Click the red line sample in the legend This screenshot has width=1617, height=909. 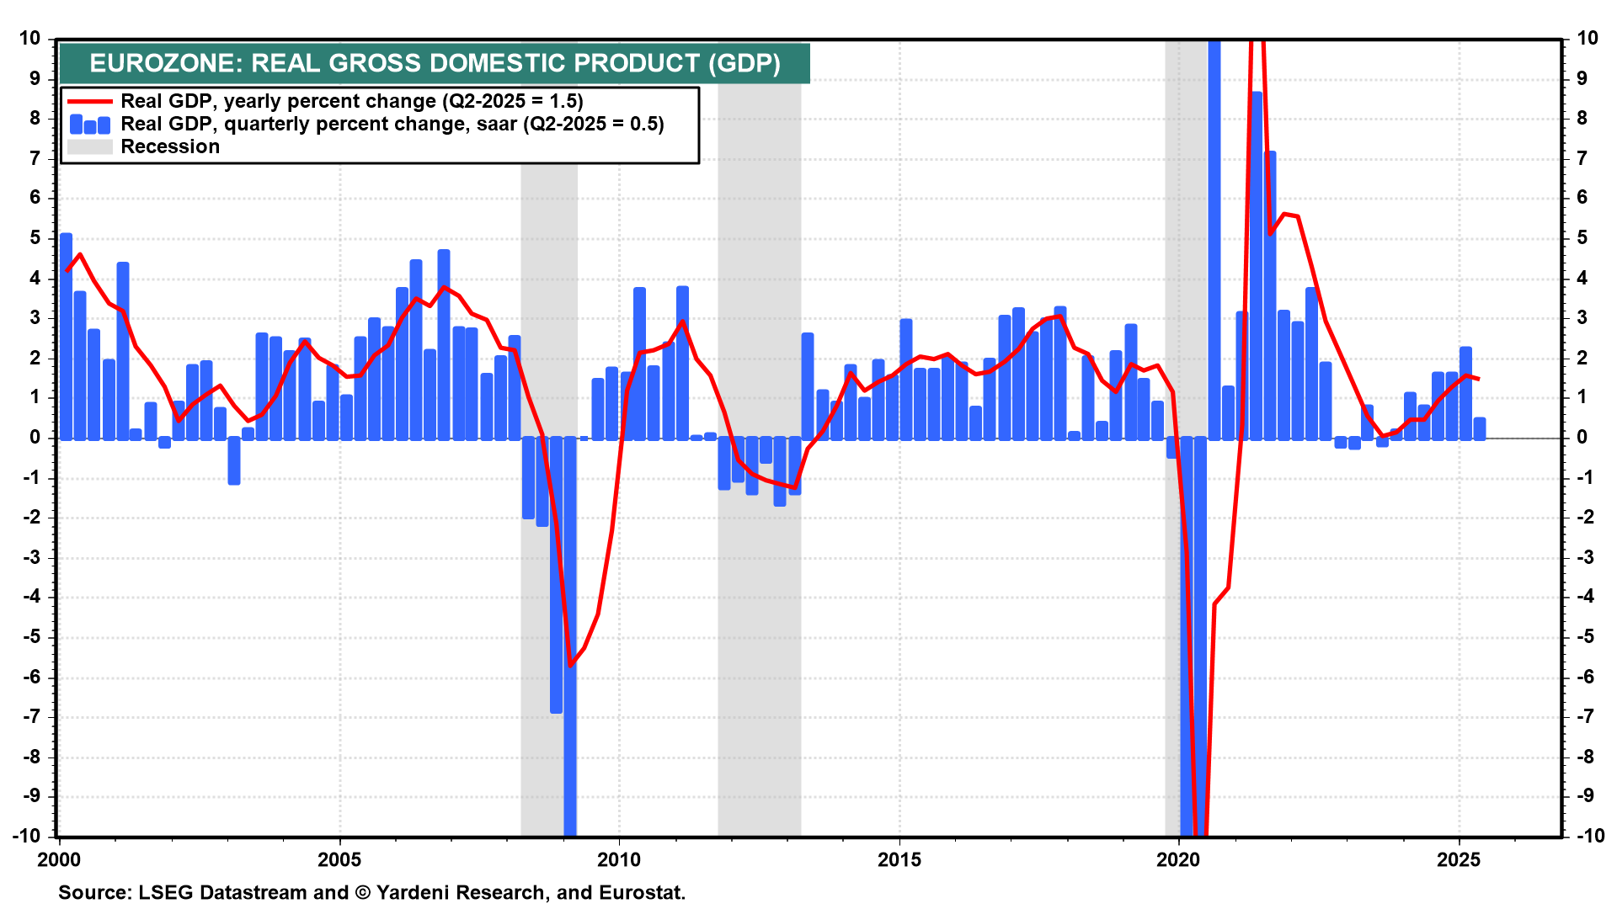(x=89, y=101)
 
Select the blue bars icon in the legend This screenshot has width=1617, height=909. (x=89, y=125)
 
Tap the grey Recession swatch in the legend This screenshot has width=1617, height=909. (x=89, y=147)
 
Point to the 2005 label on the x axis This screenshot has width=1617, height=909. (x=339, y=859)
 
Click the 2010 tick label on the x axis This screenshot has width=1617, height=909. (x=619, y=859)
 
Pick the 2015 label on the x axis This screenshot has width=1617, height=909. (x=899, y=859)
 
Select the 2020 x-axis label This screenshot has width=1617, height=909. (x=1178, y=859)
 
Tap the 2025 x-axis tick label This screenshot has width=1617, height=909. (x=1458, y=859)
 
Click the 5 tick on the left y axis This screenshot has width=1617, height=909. (x=35, y=238)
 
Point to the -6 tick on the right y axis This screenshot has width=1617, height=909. (x=1585, y=678)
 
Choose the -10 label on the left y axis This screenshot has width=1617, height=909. (x=27, y=836)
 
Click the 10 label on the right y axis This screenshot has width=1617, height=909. (x=1587, y=38)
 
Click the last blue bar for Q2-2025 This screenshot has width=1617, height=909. (x=1480, y=428)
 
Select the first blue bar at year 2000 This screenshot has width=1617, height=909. (x=66, y=337)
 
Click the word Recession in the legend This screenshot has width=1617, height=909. (x=170, y=147)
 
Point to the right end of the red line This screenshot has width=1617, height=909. (x=1479, y=379)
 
